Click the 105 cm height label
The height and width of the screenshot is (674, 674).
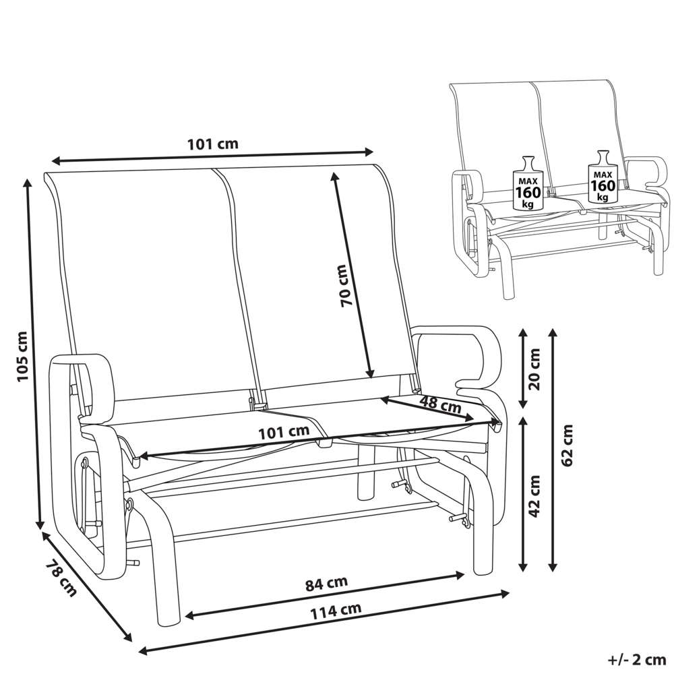click(22, 357)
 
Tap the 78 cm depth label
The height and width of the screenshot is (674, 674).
click(62, 578)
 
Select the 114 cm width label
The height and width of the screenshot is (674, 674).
click(336, 611)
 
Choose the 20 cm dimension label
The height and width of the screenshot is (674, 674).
click(534, 369)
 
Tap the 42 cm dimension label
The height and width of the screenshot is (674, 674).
click(534, 496)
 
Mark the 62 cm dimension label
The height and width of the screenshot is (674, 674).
click(568, 445)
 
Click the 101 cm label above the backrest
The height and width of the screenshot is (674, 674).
click(212, 144)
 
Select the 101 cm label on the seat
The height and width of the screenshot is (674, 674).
click(284, 431)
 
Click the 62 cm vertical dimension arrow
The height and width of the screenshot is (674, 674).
click(553, 450)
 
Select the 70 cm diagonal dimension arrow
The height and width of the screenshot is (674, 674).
click(351, 275)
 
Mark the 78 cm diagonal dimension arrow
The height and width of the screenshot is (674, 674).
click(86, 587)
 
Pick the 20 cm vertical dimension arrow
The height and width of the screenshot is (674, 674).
click(522, 368)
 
